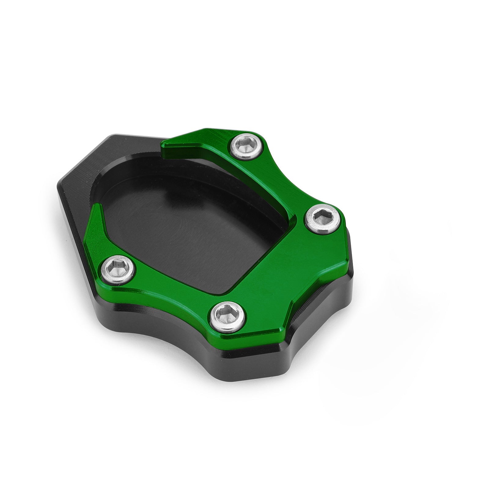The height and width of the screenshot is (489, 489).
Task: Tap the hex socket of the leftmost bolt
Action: point(118,270)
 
